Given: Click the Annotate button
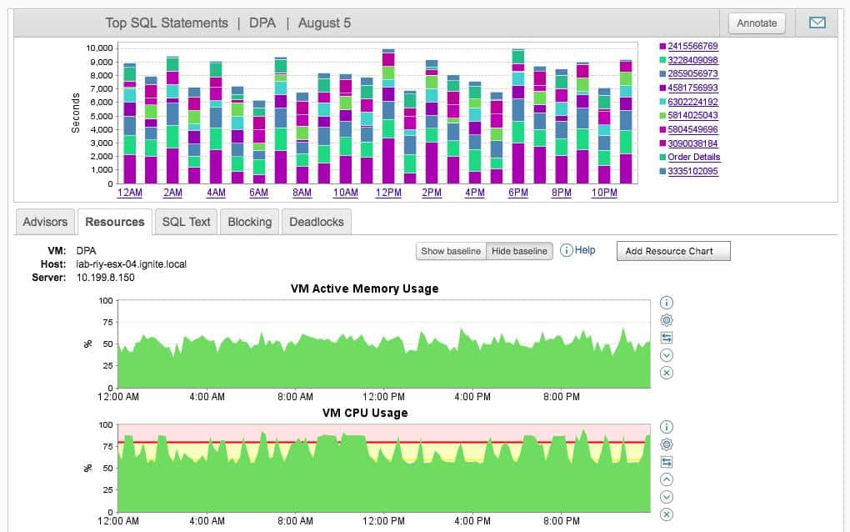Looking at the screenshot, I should coord(757,23).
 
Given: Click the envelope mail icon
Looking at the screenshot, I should coord(817,23).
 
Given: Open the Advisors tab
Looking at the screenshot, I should coord(45,222).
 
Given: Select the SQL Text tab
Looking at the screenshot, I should coord(186,222).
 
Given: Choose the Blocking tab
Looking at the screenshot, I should coord(249,222).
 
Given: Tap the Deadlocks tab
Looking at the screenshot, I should coord(317,222).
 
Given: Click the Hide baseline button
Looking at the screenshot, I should coord(519,251).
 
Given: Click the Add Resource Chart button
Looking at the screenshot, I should coord(672,251).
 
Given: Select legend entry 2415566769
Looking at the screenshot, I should coord(692,47).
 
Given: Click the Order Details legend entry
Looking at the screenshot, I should coord(693,158).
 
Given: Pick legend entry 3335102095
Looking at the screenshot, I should coord(692,172).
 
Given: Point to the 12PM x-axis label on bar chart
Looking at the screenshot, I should coord(388,193).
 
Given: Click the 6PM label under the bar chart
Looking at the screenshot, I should coord(518,193).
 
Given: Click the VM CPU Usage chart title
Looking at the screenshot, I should coord(364,413).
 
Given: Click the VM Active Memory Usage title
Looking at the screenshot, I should coord(364,289).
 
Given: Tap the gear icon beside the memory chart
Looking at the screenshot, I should coord(666,320).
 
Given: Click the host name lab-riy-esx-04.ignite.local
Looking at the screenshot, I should coord(132,264).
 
